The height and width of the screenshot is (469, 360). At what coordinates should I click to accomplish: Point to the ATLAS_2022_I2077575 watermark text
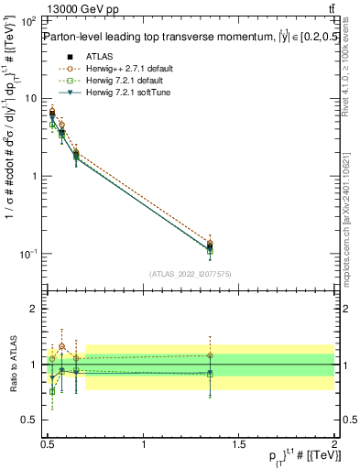pos(191,273)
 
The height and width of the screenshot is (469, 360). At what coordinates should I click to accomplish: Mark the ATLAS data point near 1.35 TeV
pos(210,246)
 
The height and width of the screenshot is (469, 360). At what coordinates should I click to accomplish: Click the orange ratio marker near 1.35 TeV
pos(210,355)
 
